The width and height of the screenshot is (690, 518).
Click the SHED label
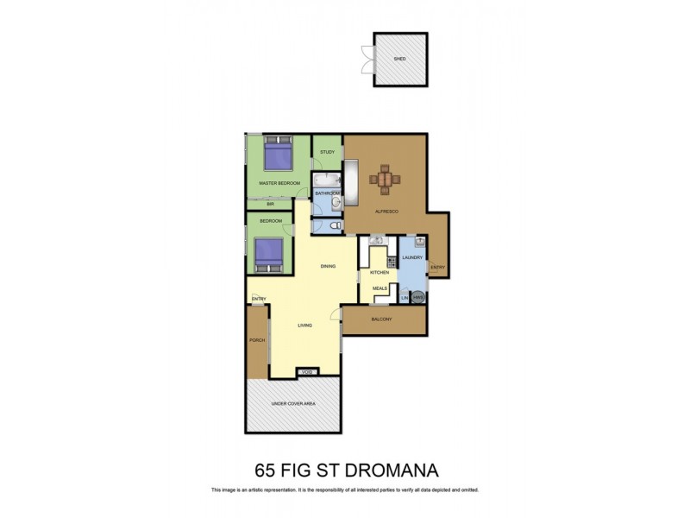tap(399, 60)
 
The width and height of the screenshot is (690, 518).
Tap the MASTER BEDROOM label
tap(279, 183)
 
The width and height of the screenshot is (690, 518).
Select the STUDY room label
tap(327, 152)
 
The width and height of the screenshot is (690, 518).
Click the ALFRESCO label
tap(385, 211)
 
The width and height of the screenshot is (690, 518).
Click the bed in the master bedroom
tap(277, 156)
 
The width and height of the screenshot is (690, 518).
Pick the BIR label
tap(269, 204)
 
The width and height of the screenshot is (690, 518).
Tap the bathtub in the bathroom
tap(327, 181)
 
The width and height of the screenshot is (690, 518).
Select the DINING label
tap(327, 266)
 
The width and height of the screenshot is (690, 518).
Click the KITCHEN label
tap(380, 273)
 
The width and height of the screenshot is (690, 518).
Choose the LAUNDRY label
tap(411, 258)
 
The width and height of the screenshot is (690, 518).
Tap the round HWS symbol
tap(417, 298)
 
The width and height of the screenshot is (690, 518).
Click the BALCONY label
tap(381, 319)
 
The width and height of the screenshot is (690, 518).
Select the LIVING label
tap(305, 325)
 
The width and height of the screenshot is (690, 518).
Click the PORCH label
tap(256, 341)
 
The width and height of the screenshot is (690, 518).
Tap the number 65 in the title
tap(267, 471)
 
